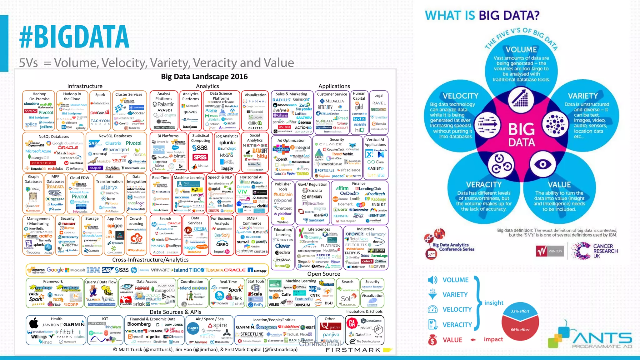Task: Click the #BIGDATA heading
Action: point(74,37)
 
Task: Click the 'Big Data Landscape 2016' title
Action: point(204,77)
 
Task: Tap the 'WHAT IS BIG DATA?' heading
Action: point(482,15)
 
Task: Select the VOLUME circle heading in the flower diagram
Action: point(521,49)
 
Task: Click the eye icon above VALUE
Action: point(542,164)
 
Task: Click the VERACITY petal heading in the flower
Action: point(483,185)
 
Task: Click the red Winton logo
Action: point(550,251)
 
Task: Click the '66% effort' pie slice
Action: point(520,330)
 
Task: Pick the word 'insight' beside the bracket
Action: point(494,302)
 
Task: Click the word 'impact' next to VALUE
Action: point(493,339)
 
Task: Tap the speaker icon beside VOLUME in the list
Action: point(432,280)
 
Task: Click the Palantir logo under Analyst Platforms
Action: point(163,104)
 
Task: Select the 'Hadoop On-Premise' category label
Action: point(39,96)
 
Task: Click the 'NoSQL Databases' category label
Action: point(54,137)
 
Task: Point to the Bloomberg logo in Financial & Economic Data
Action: point(139,324)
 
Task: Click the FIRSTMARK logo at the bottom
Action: point(353,350)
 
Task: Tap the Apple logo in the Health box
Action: point(34,323)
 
